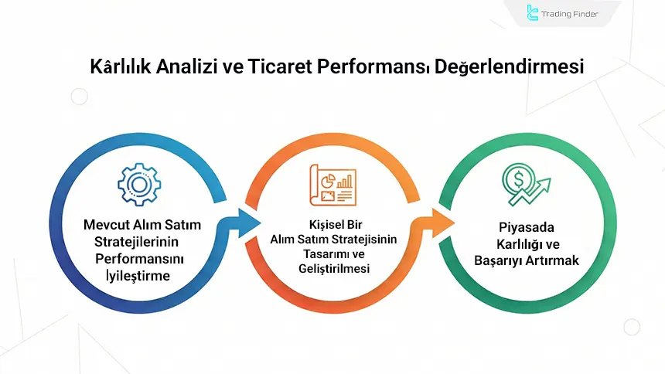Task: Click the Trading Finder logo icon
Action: [x=533, y=13]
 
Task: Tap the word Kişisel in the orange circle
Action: [x=318, y=226]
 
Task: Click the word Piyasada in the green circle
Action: [x=527, y=229]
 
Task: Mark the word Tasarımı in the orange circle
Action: [x=318, y=254]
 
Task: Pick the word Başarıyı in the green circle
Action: [x=499, y=261]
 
